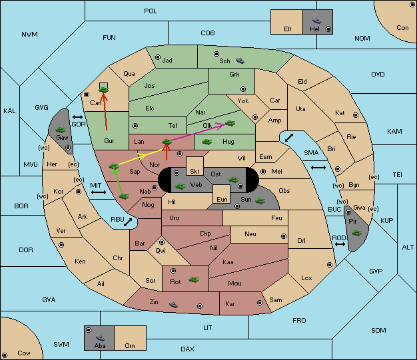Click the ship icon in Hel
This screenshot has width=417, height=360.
pyautogui.click(x=316, y=21)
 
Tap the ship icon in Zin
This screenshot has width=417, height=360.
pyautogui.click(x=173, y=305)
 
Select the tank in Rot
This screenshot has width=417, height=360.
pyautogui.click(x=193, y=279)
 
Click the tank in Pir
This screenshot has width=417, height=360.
pyautogui.click(x=356, y=233)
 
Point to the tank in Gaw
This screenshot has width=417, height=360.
pyautogui.click(x=61, y=130)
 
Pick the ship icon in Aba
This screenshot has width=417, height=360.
pyautogui.click(x=100, y=338)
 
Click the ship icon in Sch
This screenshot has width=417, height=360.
pyautogui.click(x=240, y=61)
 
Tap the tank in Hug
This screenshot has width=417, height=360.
pyautogui.click(x=207, y=142)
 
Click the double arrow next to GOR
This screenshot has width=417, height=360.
pyautogui.click(x=78, y=117)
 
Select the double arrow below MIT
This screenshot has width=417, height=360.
pyautogui.click(x=99, y=192)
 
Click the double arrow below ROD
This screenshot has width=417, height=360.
pyautogui.click(x=340, y=244)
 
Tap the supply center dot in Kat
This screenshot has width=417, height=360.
pyautogui.click(x=356, y=115)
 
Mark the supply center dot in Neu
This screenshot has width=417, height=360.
pyautogui.click(x=284, y=236)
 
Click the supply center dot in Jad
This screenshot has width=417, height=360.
pyautogui.click(x=158, y=57)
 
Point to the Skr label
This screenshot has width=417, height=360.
pyautogui.click(x=195, y=172)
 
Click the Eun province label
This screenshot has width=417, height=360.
pyautogui.click(x=222, y=199)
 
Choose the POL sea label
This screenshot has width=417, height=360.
pyautogui.click(x=151, y=11)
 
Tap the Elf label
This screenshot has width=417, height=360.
pyautogui.click(x=288, y=29)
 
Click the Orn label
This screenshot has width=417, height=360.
pyautogui.click(x=130, y=345)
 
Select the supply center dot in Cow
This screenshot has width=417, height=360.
pyautogui.click(x=5, y=355)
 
